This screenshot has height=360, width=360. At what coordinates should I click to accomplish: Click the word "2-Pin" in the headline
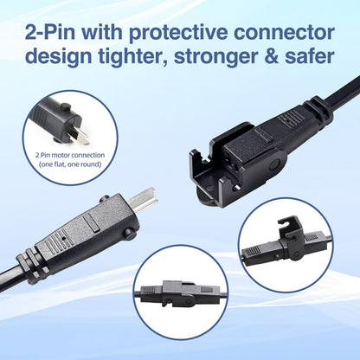point(50,33)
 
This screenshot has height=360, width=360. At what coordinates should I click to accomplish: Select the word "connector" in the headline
point(284,33)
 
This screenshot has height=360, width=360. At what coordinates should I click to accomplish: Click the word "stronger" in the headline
point(218,56)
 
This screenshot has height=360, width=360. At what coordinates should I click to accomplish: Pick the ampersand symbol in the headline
point(273,55)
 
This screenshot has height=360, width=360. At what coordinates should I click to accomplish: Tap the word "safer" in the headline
point(310,55)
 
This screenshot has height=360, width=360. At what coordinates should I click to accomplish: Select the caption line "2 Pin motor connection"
point(70,155)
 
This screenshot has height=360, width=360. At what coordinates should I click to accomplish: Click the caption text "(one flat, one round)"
point(70,164)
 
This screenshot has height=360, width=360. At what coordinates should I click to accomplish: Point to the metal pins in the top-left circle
point(80,136)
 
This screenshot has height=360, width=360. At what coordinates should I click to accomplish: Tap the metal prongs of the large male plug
point(143,199)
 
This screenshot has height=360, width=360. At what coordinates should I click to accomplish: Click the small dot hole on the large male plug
point(63,239)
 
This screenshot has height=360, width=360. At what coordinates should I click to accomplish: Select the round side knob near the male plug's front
point(130,234)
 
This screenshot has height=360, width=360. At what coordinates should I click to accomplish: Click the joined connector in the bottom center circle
point(180,292)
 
